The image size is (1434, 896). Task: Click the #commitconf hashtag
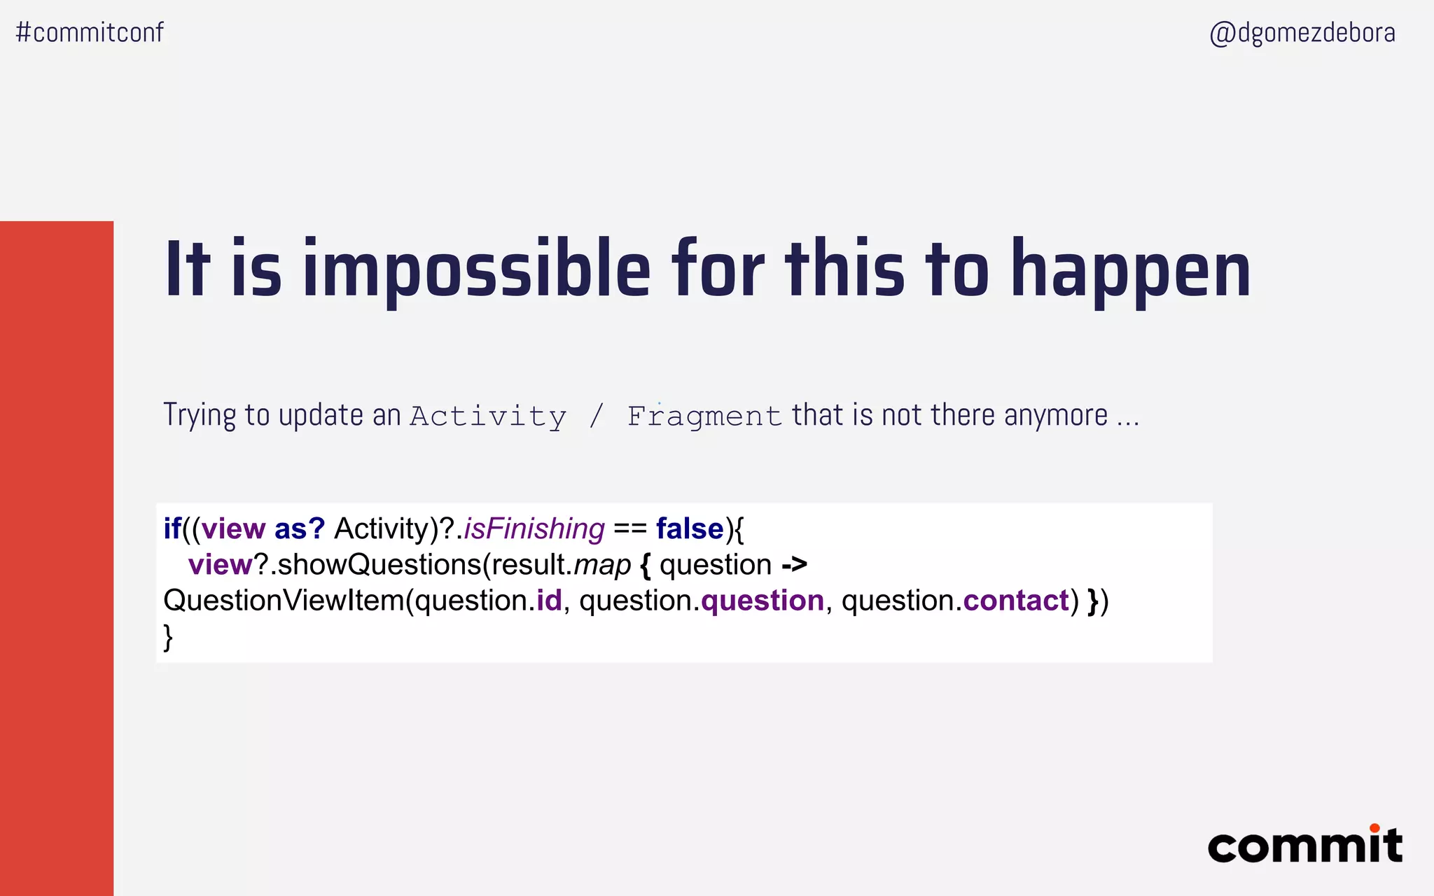coord(90,32)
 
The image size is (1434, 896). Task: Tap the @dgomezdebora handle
coord(1302,33)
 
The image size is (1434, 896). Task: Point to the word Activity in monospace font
coord(488,416)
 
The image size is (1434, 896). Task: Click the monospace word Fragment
coord(704,416)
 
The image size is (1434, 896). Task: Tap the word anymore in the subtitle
coord(1056,415)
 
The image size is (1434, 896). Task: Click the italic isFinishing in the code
coord(534,528)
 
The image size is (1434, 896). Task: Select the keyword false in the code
coord(690,528)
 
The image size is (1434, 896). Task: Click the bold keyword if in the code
coord(172,528)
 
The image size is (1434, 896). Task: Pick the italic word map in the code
coord(602,565)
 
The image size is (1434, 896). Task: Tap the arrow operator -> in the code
coord(795,565)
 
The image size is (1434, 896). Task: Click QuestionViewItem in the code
coord(284,601)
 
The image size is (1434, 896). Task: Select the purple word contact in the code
coord(1016,601)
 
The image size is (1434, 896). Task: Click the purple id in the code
coord(549,601)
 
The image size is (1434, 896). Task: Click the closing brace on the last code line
coord(168,637)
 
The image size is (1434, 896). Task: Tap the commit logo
coord(1305,845)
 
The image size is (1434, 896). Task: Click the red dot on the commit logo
coord(1374,828)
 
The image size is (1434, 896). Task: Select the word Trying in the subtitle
coord(200,415)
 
